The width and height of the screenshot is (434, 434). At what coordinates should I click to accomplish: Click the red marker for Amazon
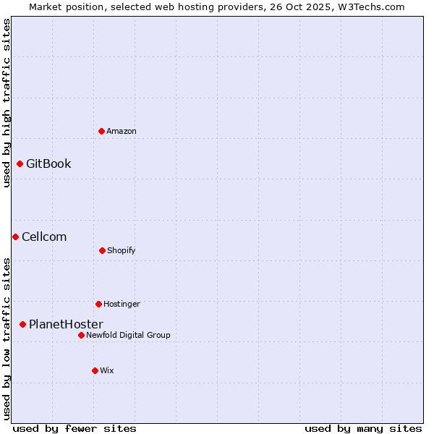pyautogui.click(x=102, y=131)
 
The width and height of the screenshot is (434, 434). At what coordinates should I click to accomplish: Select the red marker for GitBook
pyautogui.click(x=20, y=163)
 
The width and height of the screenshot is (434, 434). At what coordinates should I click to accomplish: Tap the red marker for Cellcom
pyautogui.click(x=15, y=237)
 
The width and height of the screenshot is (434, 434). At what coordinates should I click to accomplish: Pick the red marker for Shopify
pyautogui.click(x=102, y=250)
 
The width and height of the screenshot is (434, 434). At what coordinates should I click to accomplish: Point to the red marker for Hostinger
pyautogui.click(x=98, y=304)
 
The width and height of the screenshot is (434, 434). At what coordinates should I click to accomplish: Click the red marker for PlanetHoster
pyautogui.click(x=22, y=324)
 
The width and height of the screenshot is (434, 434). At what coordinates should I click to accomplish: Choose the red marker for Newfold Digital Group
pyautogui.click(x=81, y=335)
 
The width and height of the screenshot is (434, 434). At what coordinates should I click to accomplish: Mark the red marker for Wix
pyautogui.click(x=95, y=370)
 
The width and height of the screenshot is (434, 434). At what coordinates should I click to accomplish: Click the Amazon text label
pyautogui.click(x=122, y=131)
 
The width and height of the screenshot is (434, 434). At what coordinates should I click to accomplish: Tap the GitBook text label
pyautogui.click(x=48, y=163)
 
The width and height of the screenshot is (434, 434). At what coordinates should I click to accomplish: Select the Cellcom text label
pyautogui.click(x=44, y=237)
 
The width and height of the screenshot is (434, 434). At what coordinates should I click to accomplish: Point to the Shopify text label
pyautogui.click(x=122, y=250)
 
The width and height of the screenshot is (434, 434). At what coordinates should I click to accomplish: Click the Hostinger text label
pyautogui.click(x=122, y=304)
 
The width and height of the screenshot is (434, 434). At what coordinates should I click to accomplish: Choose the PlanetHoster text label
pyautogui.click(x=66, y=324)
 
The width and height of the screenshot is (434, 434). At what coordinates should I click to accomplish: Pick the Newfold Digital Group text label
pyautogui.click(x=128, y=335)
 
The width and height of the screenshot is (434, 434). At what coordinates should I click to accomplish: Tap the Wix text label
pyautogui.click(x=107, y=370)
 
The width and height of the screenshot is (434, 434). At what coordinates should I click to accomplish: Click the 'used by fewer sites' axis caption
pyautogui.click(x=75, y=428)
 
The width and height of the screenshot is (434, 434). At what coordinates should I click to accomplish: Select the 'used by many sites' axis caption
pyautogui.click(x=363, y=428)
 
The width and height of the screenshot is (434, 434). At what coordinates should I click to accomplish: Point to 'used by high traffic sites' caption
pyautogui.click(x=7, y=103)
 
